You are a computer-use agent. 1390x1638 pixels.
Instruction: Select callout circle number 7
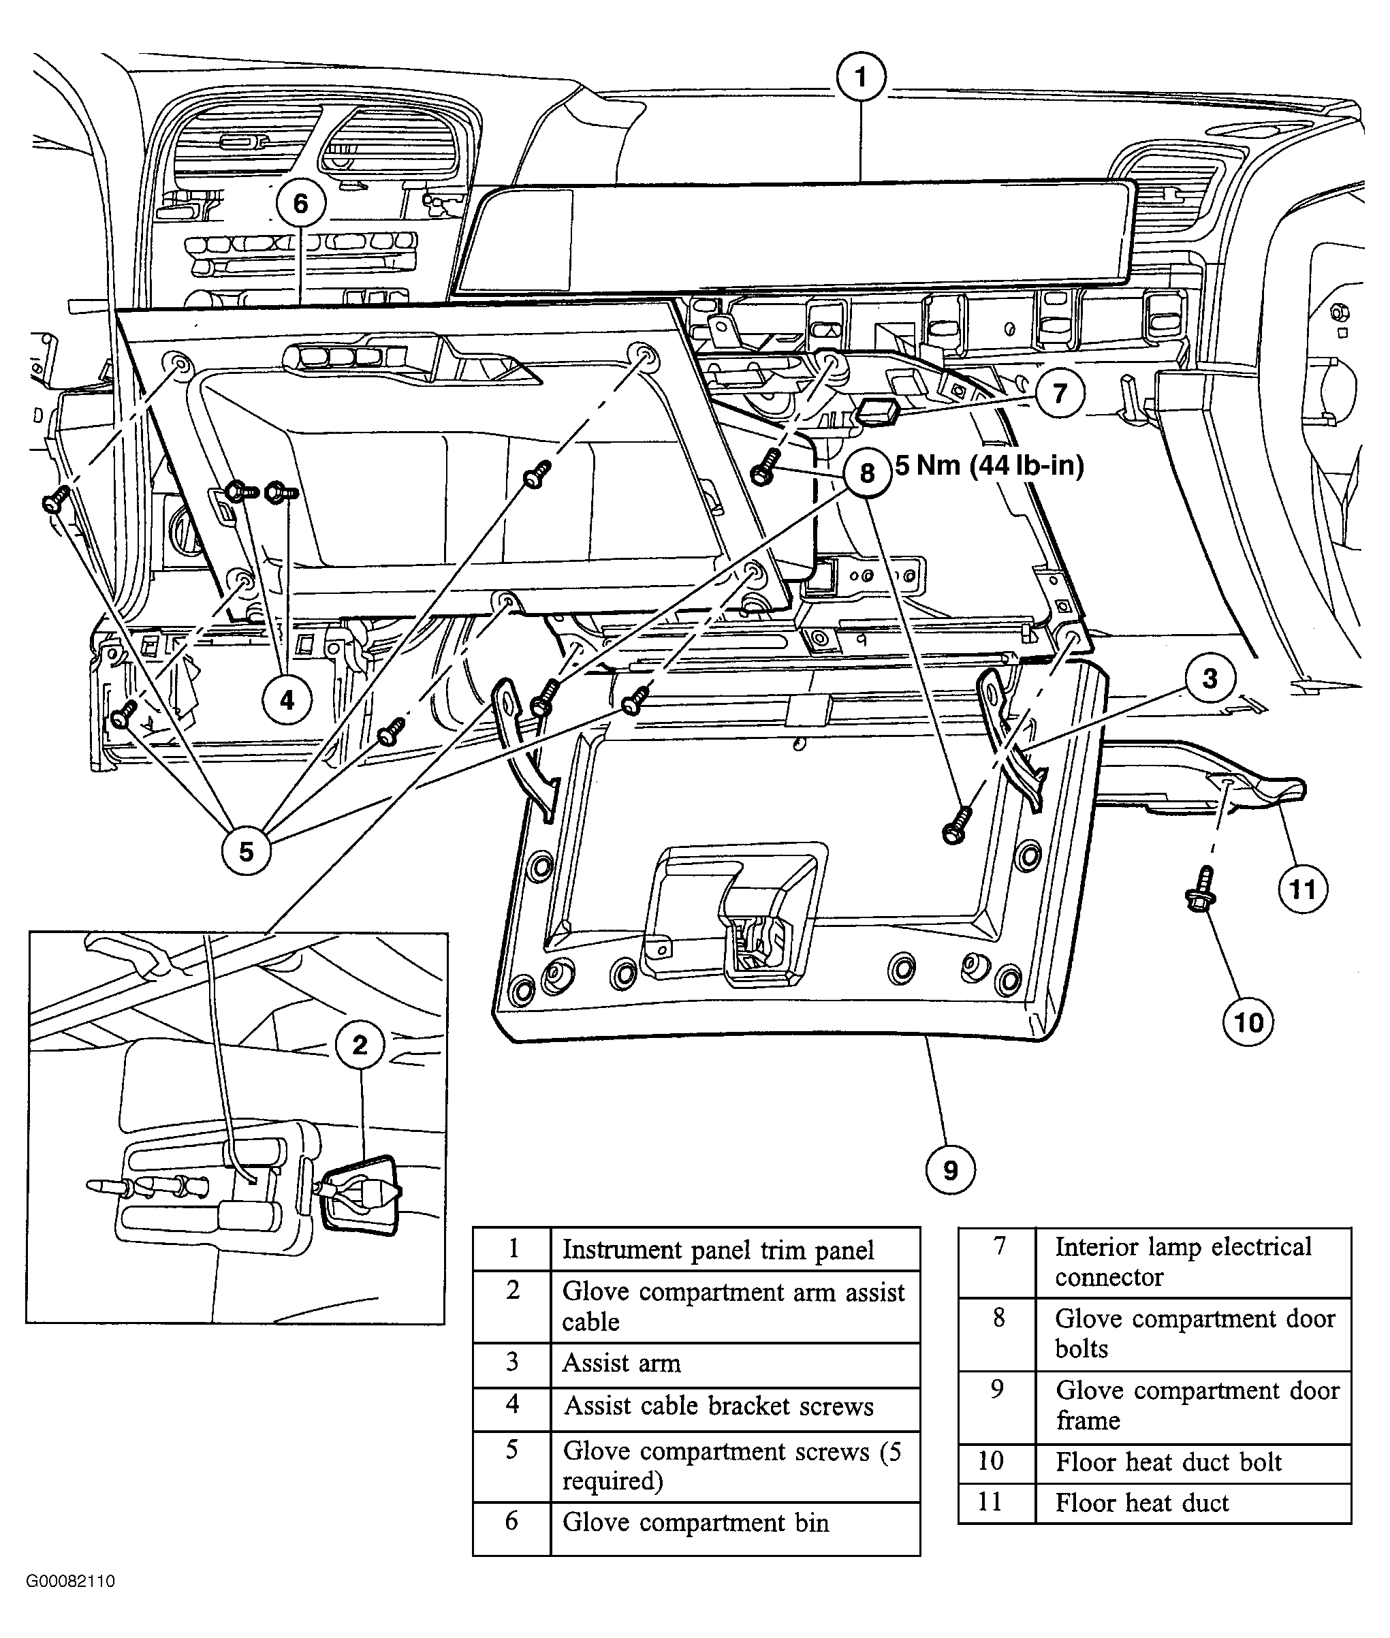point(1059,392)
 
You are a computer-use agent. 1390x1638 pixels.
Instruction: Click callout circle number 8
point(867,473)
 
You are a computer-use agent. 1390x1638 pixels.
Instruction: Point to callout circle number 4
point(287,699)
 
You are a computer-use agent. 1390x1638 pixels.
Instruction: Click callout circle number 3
point(1210,678)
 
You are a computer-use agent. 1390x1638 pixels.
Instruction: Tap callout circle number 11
point(1301,889)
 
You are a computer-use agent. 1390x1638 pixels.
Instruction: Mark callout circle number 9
point(950,1170)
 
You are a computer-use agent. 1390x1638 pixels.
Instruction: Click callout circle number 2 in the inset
point(360,1045)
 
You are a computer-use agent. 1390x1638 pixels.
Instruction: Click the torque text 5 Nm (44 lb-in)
point(990,466)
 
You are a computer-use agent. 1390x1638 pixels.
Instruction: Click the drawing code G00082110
point(71,1581)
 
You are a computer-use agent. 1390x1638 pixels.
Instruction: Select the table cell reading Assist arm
point(621,1363)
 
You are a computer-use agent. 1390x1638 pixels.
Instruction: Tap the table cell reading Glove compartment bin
point(695,1522)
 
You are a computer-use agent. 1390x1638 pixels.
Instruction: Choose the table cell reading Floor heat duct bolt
point(1169,1462)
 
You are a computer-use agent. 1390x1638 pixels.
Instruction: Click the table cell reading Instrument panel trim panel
point(718,1250)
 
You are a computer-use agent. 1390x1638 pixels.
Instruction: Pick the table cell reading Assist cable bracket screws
point(718,1406)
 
